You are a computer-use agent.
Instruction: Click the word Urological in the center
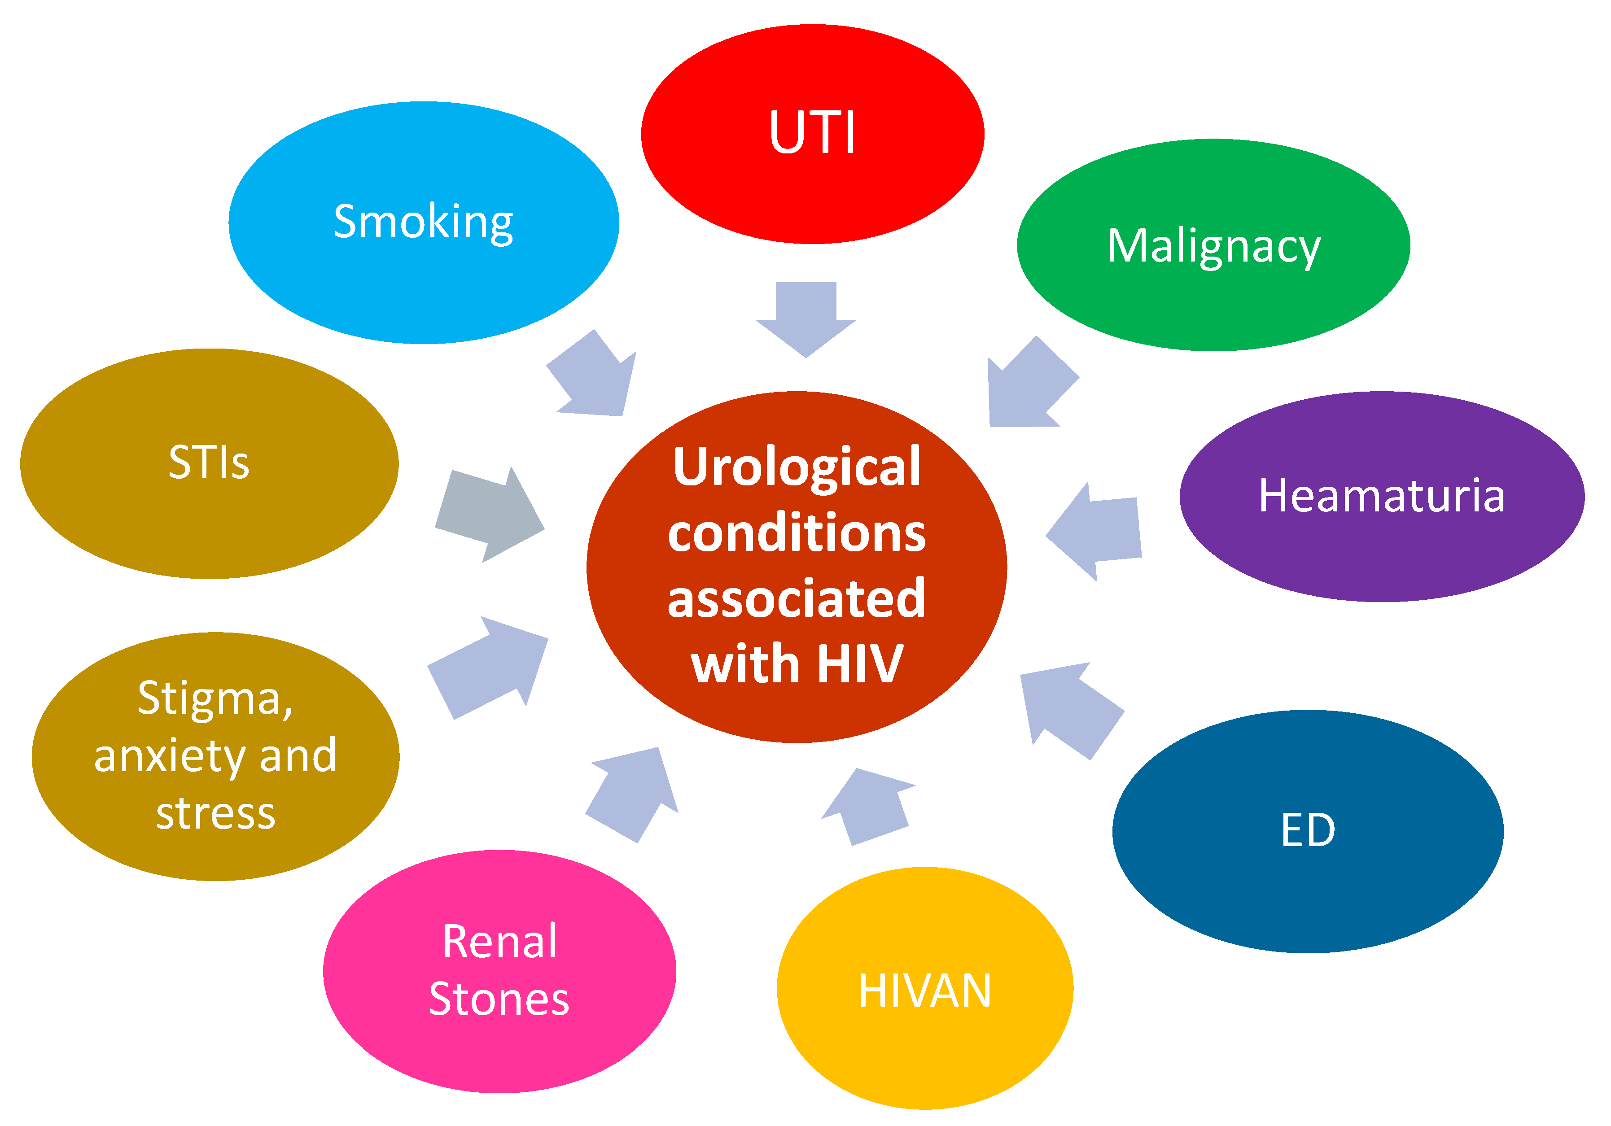(x=797, y=467)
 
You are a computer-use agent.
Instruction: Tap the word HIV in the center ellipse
(x=859, y=663)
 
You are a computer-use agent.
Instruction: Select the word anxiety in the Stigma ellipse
(x=170, y=757)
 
